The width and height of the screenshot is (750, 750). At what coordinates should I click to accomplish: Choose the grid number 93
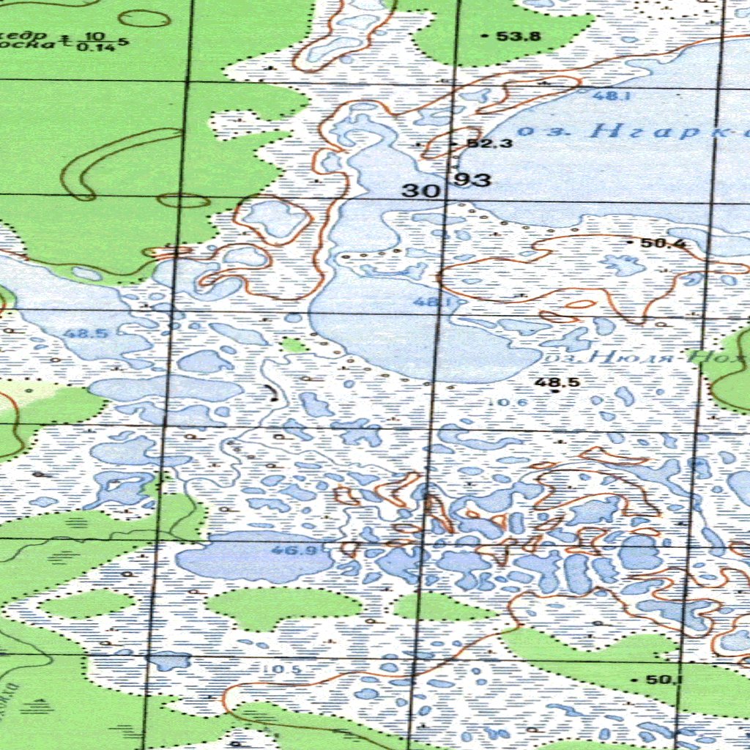[x=473, y=179]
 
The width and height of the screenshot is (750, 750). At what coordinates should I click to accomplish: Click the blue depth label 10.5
[x=281, y=669]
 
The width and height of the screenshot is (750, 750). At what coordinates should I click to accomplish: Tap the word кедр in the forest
[x=25, y=35]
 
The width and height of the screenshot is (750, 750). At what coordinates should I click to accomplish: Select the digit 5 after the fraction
[x=126, y=41]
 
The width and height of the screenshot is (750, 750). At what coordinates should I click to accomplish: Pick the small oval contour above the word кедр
[x=144, y=18]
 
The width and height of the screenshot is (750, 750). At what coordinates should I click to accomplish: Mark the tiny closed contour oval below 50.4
[x=580, y=303]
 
